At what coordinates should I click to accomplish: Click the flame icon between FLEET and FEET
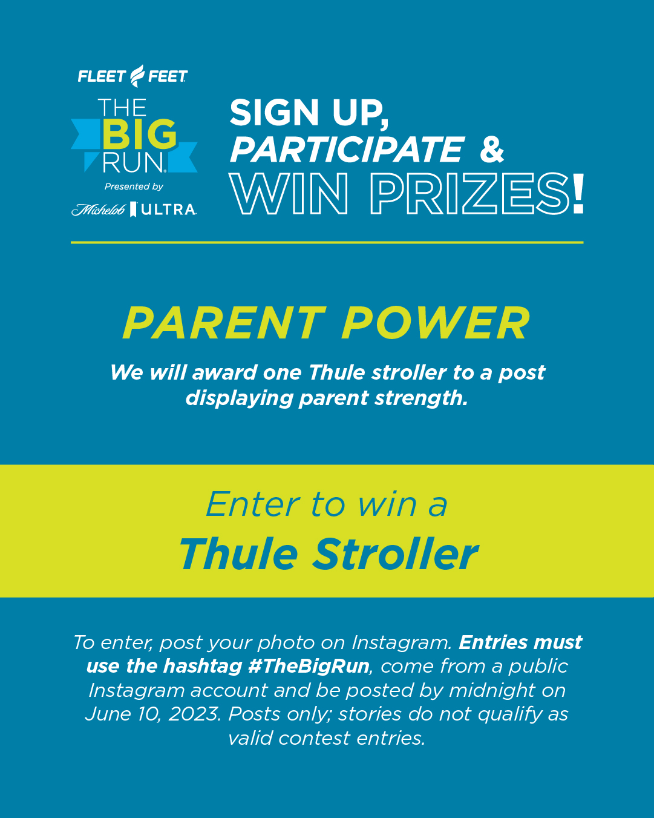(x=137, y=76)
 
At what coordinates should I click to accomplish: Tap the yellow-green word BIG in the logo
(x=139, y=134)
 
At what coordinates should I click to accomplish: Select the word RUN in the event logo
(x=133, y=163)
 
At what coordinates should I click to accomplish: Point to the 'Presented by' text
(x=134, y=186)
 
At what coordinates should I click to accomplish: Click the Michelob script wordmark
(x=98, y=209)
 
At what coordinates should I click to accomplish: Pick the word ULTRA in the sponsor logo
(x=168, y=209)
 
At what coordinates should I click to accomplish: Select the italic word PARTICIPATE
(x=347, y=150)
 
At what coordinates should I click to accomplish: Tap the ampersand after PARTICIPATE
(x=492, y=150)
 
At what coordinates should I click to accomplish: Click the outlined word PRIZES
(x=470, y=194)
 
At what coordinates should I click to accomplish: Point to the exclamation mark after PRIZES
(x=578, y=193)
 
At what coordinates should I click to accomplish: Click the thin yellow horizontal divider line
(x=327, y=242)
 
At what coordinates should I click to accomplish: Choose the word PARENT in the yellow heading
(x=224, y=323)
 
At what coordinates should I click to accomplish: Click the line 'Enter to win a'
(x=327, y=504)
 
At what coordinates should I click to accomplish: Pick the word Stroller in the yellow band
(x=395, y=554)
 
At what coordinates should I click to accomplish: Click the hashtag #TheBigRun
(x=309, y=666)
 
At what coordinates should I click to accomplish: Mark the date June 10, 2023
(x=153, y=714)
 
